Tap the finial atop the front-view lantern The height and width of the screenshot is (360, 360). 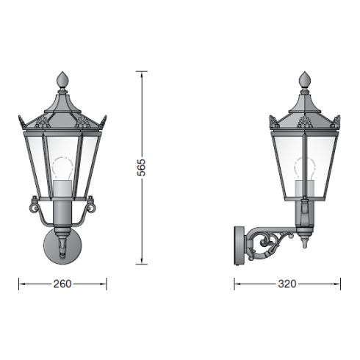point(62,79)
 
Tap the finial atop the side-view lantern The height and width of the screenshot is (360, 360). point(305,79)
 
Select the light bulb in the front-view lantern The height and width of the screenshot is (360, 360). point(62,167)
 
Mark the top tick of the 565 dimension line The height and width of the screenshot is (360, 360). point(143,71)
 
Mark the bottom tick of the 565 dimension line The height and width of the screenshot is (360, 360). point(143,263)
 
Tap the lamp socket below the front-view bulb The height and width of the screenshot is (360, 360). point(62,189)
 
